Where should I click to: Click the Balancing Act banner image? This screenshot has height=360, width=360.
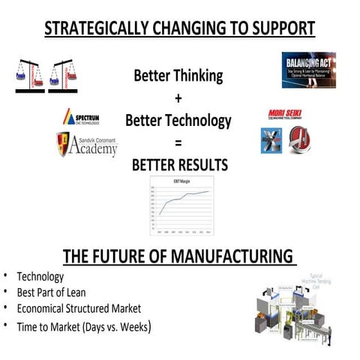(x=308, y=70)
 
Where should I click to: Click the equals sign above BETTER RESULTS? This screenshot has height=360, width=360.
(x=178, y=142)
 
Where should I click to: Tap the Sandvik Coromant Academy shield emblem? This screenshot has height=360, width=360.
(x=64, y=144)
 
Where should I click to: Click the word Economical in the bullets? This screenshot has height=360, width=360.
(x=46, y=307)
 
